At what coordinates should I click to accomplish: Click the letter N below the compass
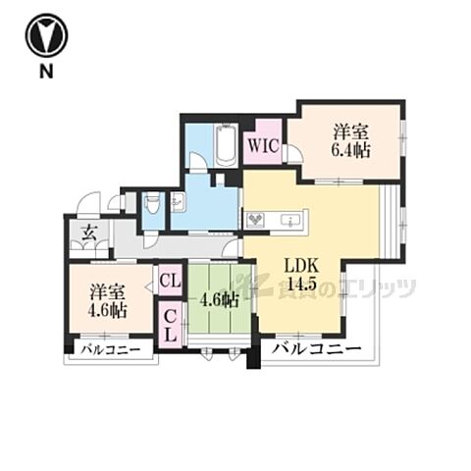(x=45, y=72)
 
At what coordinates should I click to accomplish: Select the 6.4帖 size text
(x=349, y=149)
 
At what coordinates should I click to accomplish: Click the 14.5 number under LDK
(x=300, y=286)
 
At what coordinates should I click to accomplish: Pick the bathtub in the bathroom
(x=226, y=144)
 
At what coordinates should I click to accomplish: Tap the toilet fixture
(x=152, y=206)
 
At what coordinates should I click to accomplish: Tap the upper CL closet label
(x=169, y=282)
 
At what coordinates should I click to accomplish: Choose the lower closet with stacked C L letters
(x=169, y=323)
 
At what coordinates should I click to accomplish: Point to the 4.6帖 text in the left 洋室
(x=106, y=311)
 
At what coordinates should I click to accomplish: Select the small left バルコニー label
(x=110, y=350)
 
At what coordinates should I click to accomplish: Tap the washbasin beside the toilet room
(x=179, y=203)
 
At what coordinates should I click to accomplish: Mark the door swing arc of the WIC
(x=293, y=154)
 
